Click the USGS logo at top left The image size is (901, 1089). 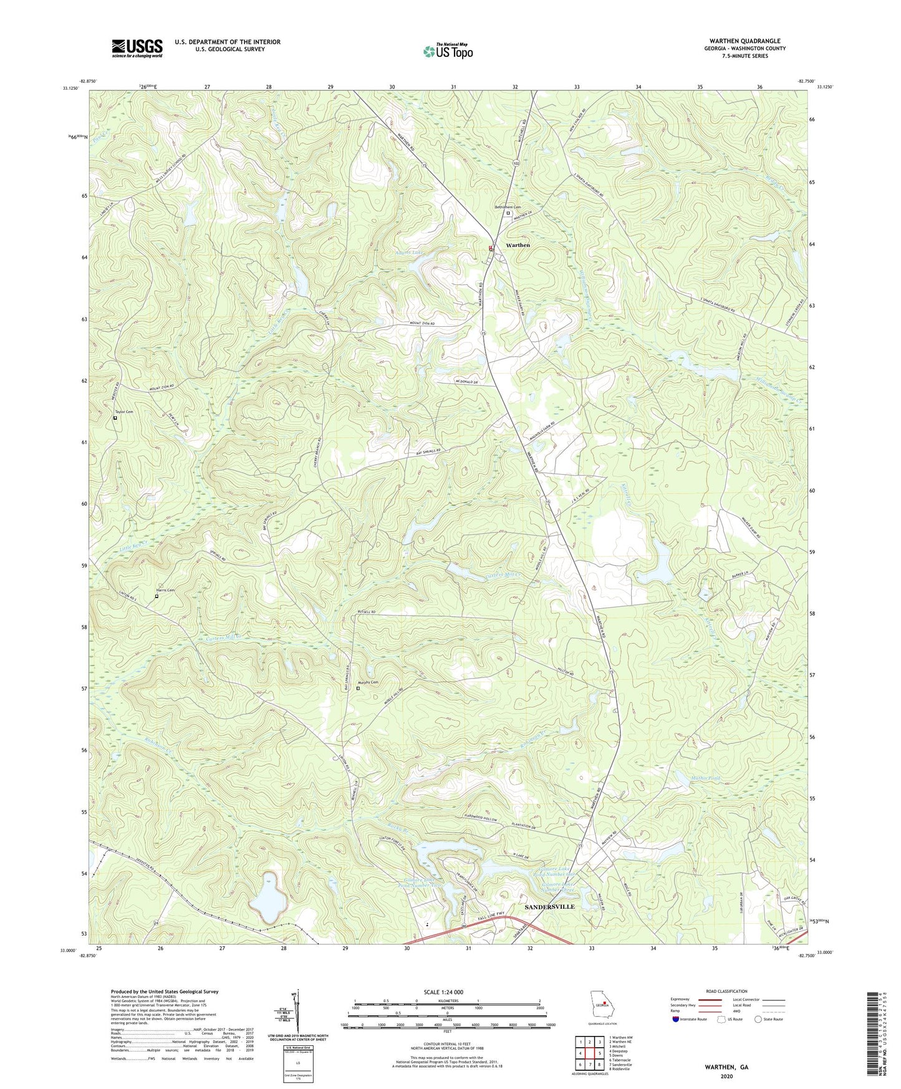coord(137,48)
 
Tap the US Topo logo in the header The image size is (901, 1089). coord(447,51)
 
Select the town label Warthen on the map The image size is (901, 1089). coord(518,245)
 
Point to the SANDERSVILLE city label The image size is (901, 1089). coord(549,906)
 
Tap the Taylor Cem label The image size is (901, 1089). coord(124,412)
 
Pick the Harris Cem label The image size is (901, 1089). coord(165,590)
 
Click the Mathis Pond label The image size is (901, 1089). coord(705,778)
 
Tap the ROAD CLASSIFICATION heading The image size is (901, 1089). coord(726,991)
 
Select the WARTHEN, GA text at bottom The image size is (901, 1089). coord(726,1067)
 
